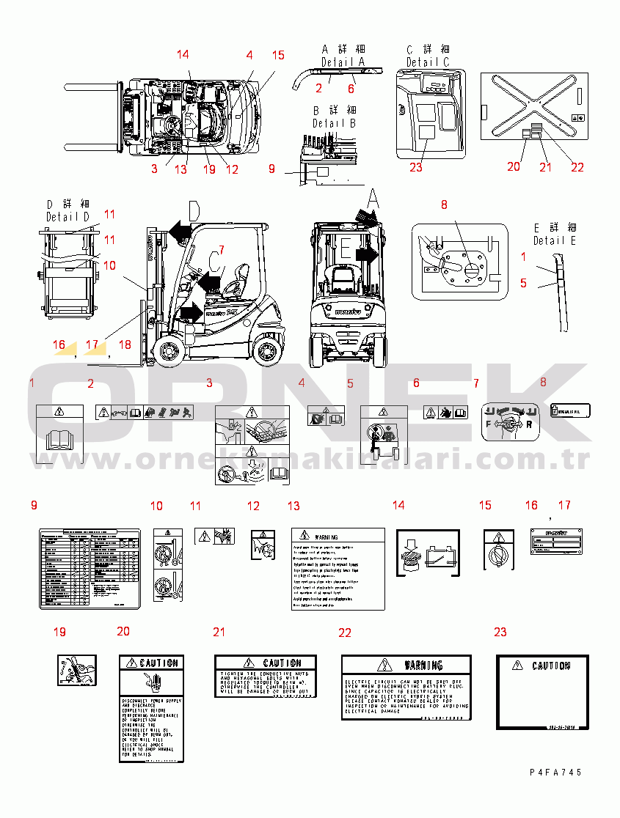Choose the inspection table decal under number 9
(90, 568)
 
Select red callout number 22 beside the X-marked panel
(577, 167)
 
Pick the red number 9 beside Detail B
(271, 169)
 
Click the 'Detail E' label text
(554, 240)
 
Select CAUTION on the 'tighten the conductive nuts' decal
(282, 663)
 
